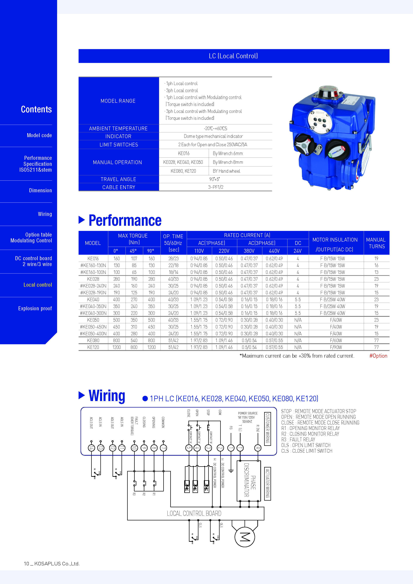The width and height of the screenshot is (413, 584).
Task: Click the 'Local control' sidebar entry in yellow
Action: coord(38,285)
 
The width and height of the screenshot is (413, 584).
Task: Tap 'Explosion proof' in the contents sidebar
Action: coord(35,308)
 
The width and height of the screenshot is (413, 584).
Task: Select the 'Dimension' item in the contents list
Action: coord(40,190)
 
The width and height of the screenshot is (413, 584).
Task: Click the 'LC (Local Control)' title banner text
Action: coord(233,56)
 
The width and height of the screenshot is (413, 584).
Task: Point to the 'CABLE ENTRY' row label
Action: coord(119,187)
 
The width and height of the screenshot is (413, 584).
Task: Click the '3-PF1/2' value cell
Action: coord(216,187)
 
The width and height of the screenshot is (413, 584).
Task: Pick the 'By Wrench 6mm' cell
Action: coord(228,153)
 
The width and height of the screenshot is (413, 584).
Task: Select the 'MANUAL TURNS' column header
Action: coord(376,243)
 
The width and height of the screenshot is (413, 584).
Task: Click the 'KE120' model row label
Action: coord(93,347)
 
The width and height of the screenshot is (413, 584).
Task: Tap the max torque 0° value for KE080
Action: coord(117,340)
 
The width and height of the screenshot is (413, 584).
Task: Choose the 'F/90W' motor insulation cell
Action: coord(336,347)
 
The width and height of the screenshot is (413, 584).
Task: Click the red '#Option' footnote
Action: coord(378,356)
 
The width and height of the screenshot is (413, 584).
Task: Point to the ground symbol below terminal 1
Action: coord(231,471)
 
